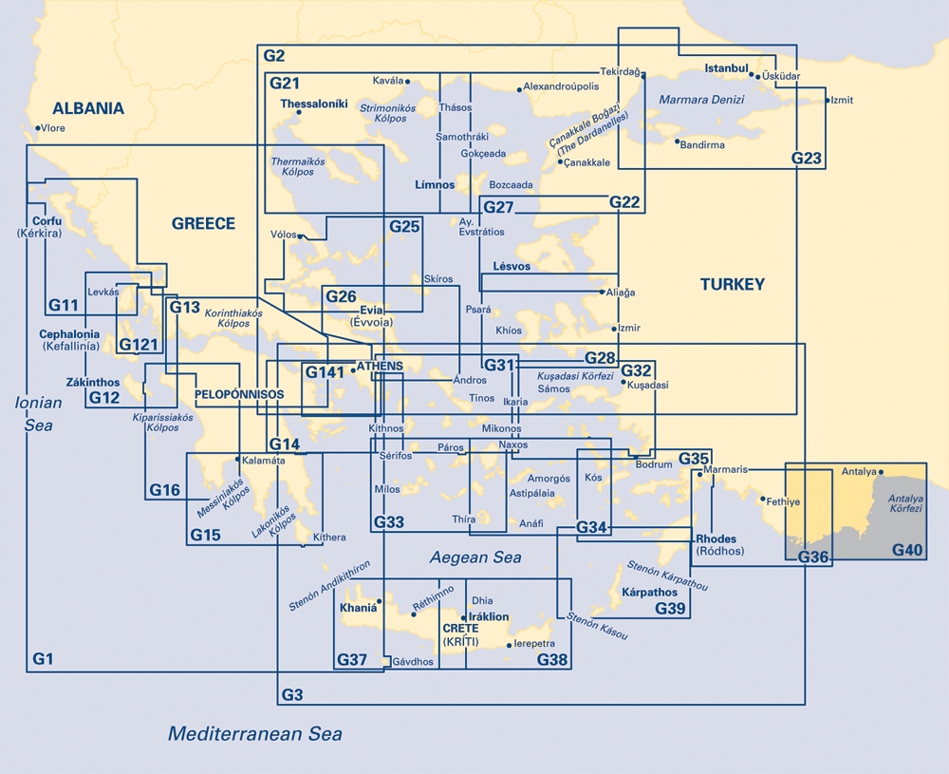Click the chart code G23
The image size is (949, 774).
click(x=807, y=159)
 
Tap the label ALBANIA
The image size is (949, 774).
click(x=88, y=108)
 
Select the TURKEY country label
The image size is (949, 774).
click(x=732, y=284)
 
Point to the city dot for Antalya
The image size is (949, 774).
click(x=882, y=471)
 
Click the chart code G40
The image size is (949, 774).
click(x=907, y=550)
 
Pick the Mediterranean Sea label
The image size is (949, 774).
click(x=254, y=734)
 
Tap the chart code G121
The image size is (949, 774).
click(x=138, y=345)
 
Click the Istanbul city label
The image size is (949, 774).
click(x=727, y=69)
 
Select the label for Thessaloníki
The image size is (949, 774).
click(x=308, y=103)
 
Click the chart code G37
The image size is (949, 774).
click(x=351, y=660)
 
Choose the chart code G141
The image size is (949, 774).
click(x=325, y=372)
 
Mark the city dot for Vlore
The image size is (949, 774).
click(x=38, y=128)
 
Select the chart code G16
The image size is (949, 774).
click(x=164, y=490)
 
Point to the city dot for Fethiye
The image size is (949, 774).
click(x=763, y=498)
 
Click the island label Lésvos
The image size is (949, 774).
click(x=512, y=267)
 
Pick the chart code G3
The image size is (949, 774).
click(x=292, y=696)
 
